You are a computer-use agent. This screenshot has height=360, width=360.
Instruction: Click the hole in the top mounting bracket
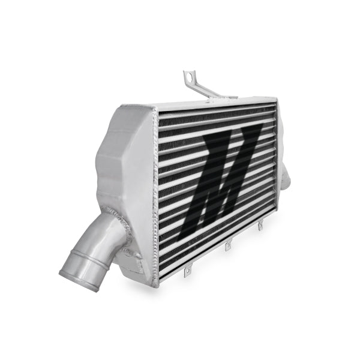click(x=190, y=76)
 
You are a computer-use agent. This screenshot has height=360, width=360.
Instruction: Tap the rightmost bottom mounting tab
click(x=260, y=226)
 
